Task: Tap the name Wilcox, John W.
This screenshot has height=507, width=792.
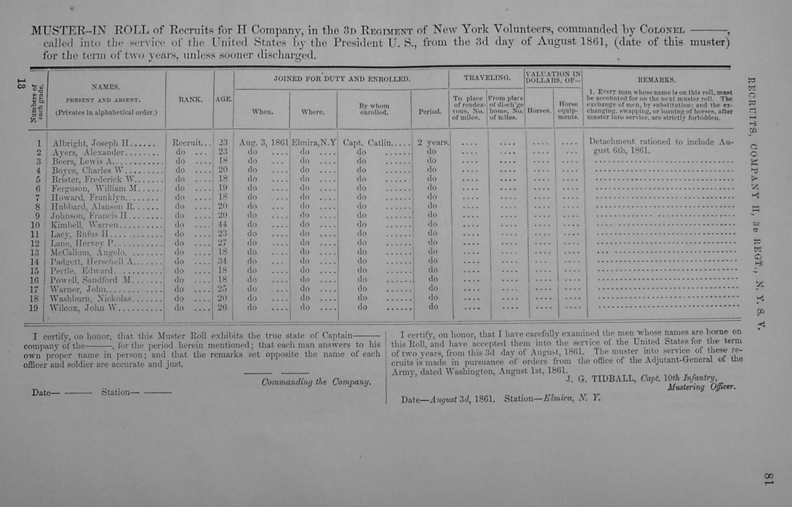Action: (85, 308)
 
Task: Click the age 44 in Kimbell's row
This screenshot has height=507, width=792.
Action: (223, 225)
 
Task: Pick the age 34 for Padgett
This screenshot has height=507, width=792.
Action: (223, 261)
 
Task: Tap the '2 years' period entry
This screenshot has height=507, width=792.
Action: (433, 143)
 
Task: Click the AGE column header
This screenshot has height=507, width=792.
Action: (223, 100)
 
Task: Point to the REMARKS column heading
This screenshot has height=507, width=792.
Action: (656, 80)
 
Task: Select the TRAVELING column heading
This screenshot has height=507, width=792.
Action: (487, 78)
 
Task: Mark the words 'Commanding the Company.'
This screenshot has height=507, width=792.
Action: (316, 383)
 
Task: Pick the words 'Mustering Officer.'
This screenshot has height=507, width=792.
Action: (701, 387)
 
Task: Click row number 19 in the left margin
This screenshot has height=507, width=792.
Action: (34, 308)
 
